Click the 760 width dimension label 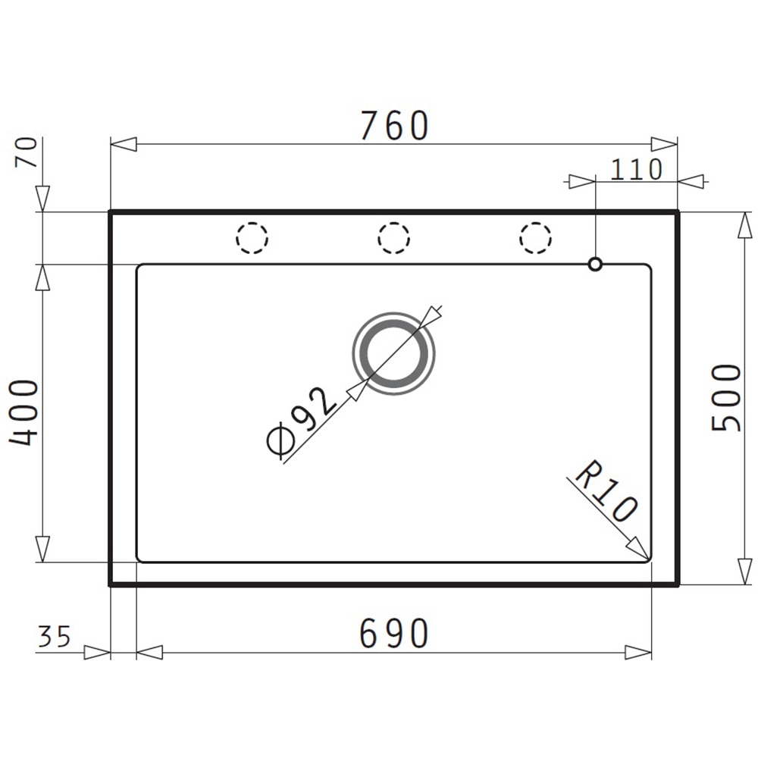click(x=394, y=126)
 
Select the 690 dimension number click(x=394, y=634)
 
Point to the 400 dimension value click(x=24, y=412)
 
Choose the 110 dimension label click(x=636, y=170)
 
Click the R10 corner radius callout click(x=607, y=493)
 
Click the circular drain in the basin click(x=393, y=354)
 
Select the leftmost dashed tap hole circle click(x=252, y=238)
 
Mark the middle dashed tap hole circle click(x=393, y=238)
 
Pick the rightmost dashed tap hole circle click(x=535, y=238)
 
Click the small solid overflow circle click(x=595, y=264)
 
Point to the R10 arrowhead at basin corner click(x=638, y=549)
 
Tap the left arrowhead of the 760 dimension click(x=124, y=144)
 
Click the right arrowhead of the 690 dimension click(x=637, y=653)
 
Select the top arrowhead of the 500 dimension click(x=741, y=225)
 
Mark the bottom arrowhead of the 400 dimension click(x=42, y=549)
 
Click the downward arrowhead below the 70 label click(x=42, y=198)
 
